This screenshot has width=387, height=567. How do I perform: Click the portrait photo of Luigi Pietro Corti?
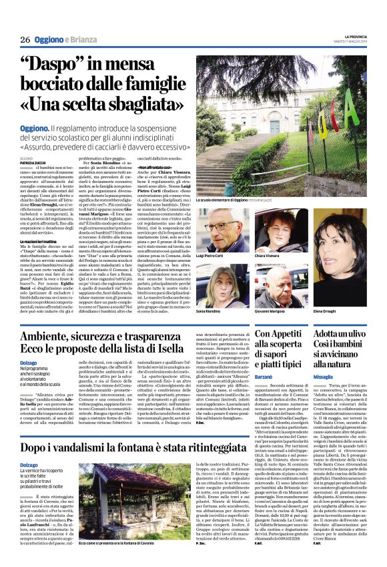(224, 230)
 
